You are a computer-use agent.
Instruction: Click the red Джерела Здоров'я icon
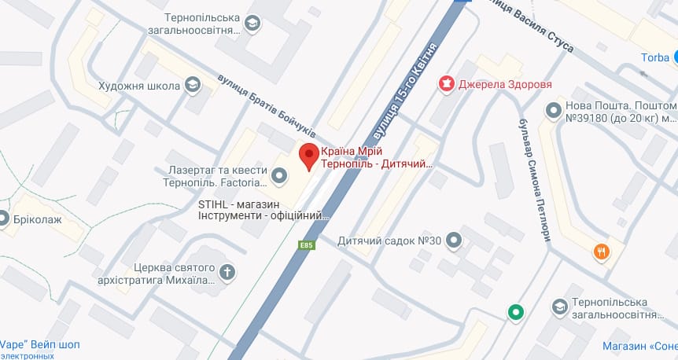(x=447, y=83)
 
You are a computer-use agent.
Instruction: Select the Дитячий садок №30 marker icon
(x=453, y=240)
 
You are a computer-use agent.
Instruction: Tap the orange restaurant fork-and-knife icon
(x=601, y=252)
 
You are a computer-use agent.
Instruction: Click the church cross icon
(x=227, y=273)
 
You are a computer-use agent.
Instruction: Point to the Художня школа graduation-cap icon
(x=191, y=85)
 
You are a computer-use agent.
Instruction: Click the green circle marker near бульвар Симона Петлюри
(x=515, y=312)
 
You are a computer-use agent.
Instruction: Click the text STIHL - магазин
(x=237, y=204)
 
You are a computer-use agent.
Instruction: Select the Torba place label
(x=654, y=57)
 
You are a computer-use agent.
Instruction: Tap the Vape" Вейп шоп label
(x=39, y=344)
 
